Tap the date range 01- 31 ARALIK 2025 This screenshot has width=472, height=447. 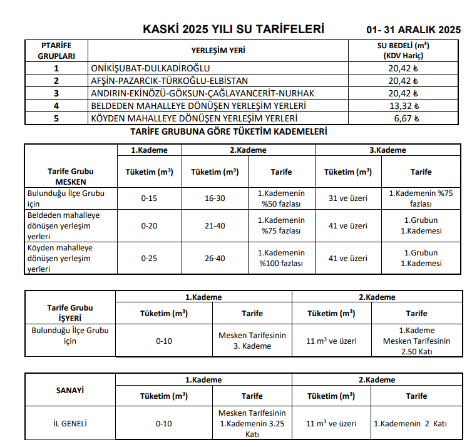414,30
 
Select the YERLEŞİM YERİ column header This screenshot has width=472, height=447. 218,51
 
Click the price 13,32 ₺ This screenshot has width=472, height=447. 403,106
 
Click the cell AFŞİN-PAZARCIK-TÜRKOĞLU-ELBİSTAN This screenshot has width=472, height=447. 169,81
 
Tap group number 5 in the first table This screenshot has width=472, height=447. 56,118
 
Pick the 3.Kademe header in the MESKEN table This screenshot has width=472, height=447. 388,150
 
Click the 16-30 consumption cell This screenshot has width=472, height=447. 215,198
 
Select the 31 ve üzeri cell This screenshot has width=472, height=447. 348,198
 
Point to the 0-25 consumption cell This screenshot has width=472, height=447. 150,258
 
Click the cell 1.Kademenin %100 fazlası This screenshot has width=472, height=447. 281,258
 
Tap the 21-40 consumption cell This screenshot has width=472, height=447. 215,225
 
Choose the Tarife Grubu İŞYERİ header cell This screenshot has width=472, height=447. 70,312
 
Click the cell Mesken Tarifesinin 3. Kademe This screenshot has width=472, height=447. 252,341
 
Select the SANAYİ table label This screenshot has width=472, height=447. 70,389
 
